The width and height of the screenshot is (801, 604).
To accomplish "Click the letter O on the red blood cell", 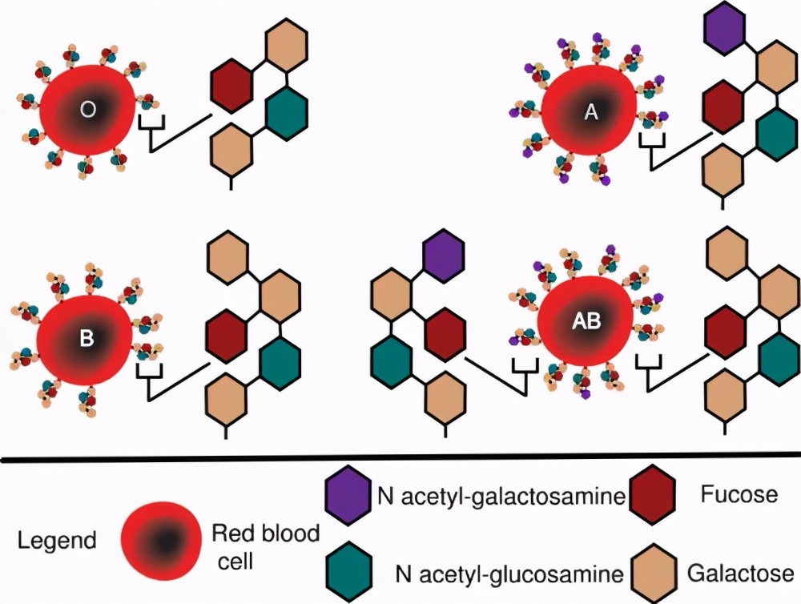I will point(88,111).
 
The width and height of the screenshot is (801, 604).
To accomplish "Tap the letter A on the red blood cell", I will point(591,113).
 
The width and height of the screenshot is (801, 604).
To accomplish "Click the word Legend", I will point(58,540).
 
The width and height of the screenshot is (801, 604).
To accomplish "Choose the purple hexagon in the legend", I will point(349,497).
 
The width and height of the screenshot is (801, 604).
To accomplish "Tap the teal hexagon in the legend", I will point(349,570).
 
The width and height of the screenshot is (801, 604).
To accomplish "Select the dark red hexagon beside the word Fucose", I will point(656,497).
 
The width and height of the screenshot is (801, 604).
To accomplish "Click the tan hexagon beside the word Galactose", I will point(656,570).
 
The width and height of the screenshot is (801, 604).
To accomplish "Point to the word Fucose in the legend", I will point(739,494).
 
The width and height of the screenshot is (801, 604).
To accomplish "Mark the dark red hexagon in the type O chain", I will point(232,84).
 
